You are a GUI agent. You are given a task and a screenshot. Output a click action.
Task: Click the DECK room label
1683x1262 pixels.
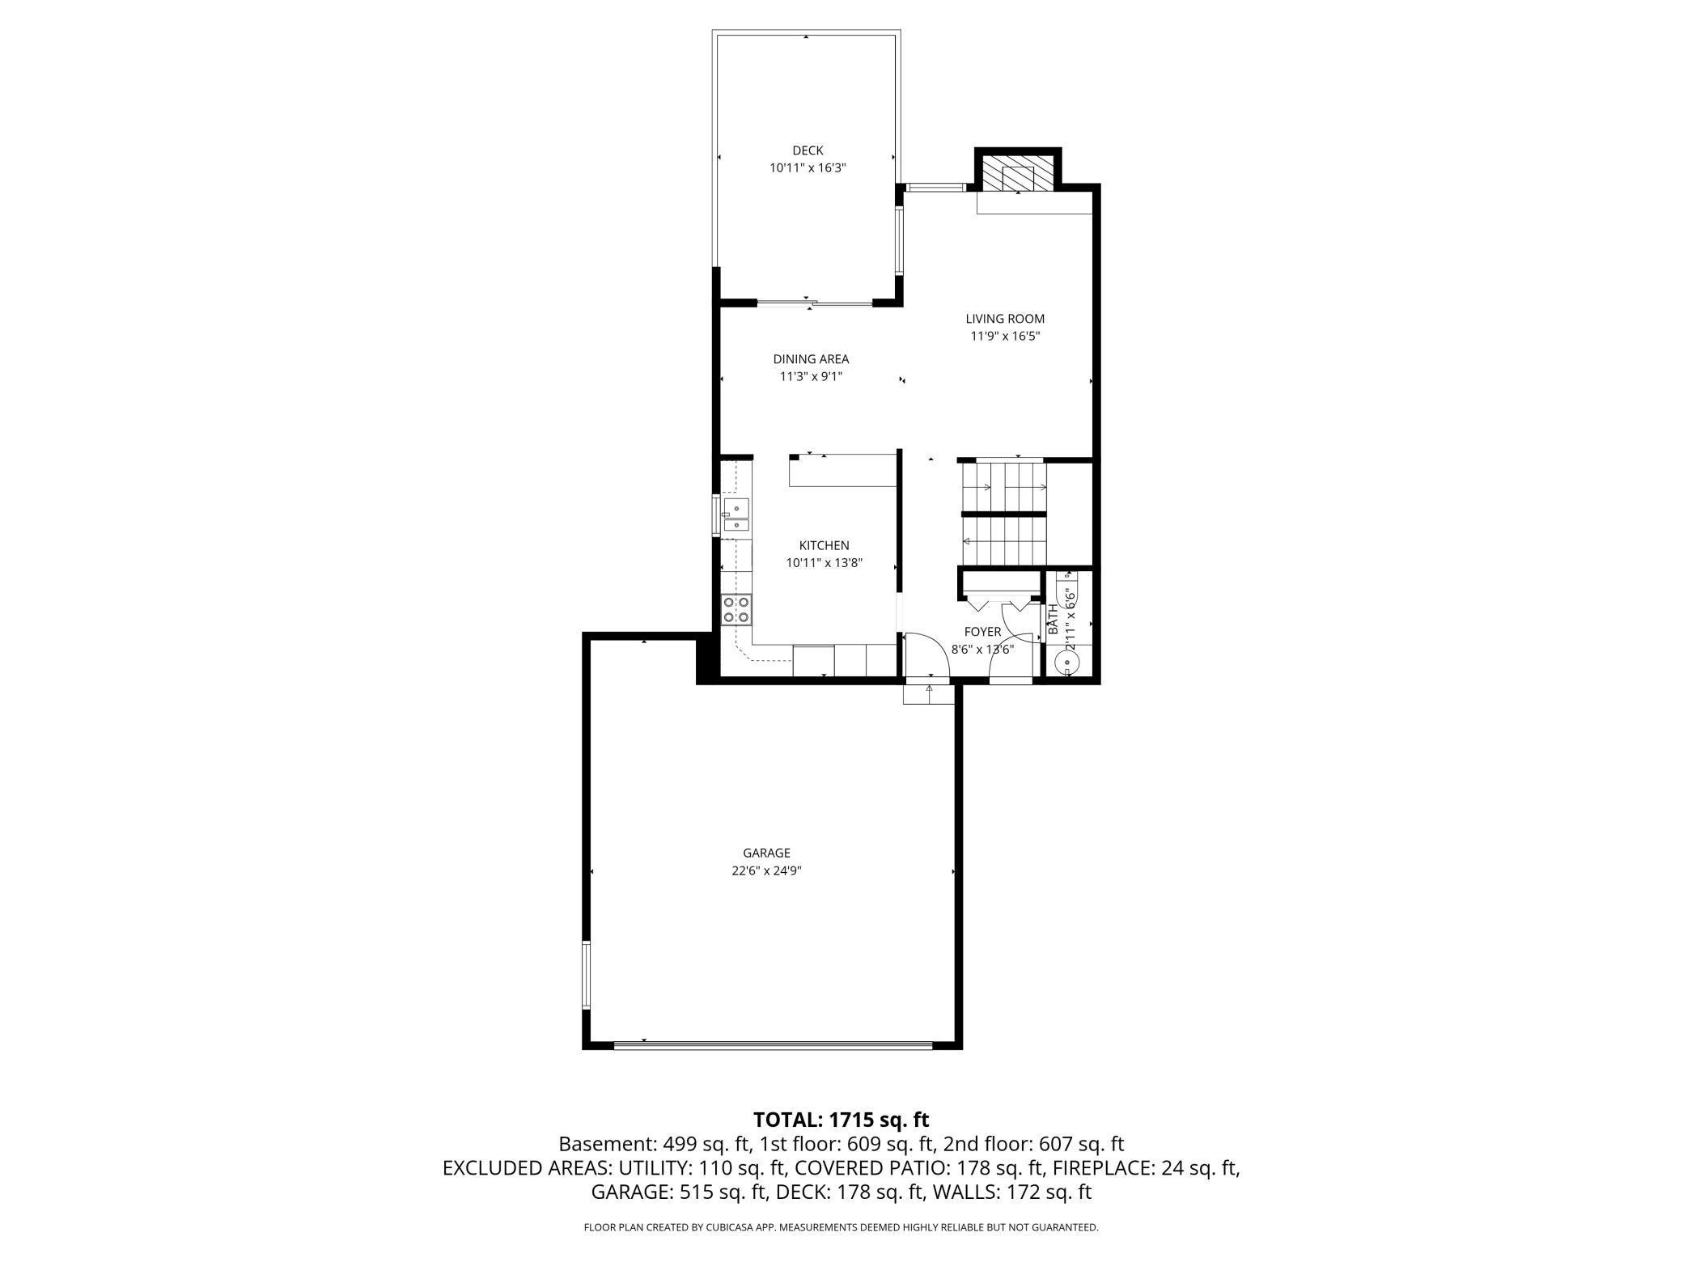807,150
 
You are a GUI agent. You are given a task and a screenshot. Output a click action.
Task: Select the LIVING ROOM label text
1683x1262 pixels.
1004,319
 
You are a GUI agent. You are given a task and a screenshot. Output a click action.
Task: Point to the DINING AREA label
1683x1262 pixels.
811,359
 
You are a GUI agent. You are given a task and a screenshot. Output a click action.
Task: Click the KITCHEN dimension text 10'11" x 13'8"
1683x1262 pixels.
825,563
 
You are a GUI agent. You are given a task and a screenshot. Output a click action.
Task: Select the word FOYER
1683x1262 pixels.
982,632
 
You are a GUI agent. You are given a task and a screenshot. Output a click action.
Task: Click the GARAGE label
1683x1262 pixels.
766,853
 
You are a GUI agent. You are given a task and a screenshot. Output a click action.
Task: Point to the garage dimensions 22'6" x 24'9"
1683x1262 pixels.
766,871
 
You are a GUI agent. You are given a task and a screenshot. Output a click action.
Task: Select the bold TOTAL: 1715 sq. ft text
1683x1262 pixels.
841,1120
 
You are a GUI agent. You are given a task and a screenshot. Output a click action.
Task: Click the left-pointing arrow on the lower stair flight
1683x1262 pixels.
967,540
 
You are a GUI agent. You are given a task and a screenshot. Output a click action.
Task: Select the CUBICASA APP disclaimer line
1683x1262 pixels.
841,1227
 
